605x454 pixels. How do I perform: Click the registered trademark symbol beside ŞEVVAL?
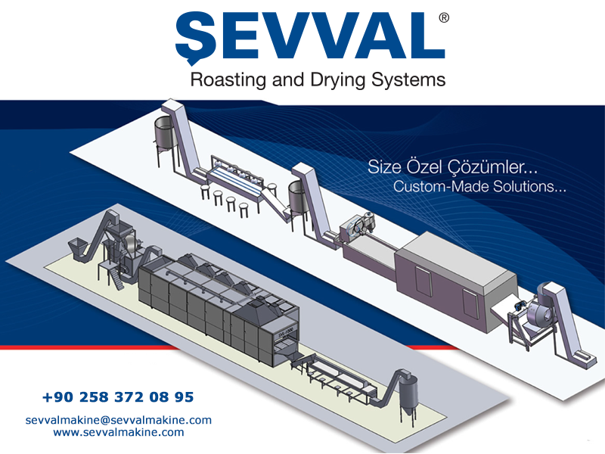pyautogui.click(x=444, y=17)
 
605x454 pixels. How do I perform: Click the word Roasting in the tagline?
pyautogui.click(x=228, y=80)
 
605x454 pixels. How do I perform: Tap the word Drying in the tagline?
pyautogui.click(x=337, y=81)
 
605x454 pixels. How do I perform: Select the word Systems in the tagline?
pyautogui.click(x=408, y=81)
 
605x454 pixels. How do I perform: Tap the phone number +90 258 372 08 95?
pyautogui.click(x=118, y=396)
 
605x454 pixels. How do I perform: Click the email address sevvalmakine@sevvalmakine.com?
pyautogui.click(x=119, y=420)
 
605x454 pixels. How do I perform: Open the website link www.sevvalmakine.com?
pyautogui.click(x=119, y=432)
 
